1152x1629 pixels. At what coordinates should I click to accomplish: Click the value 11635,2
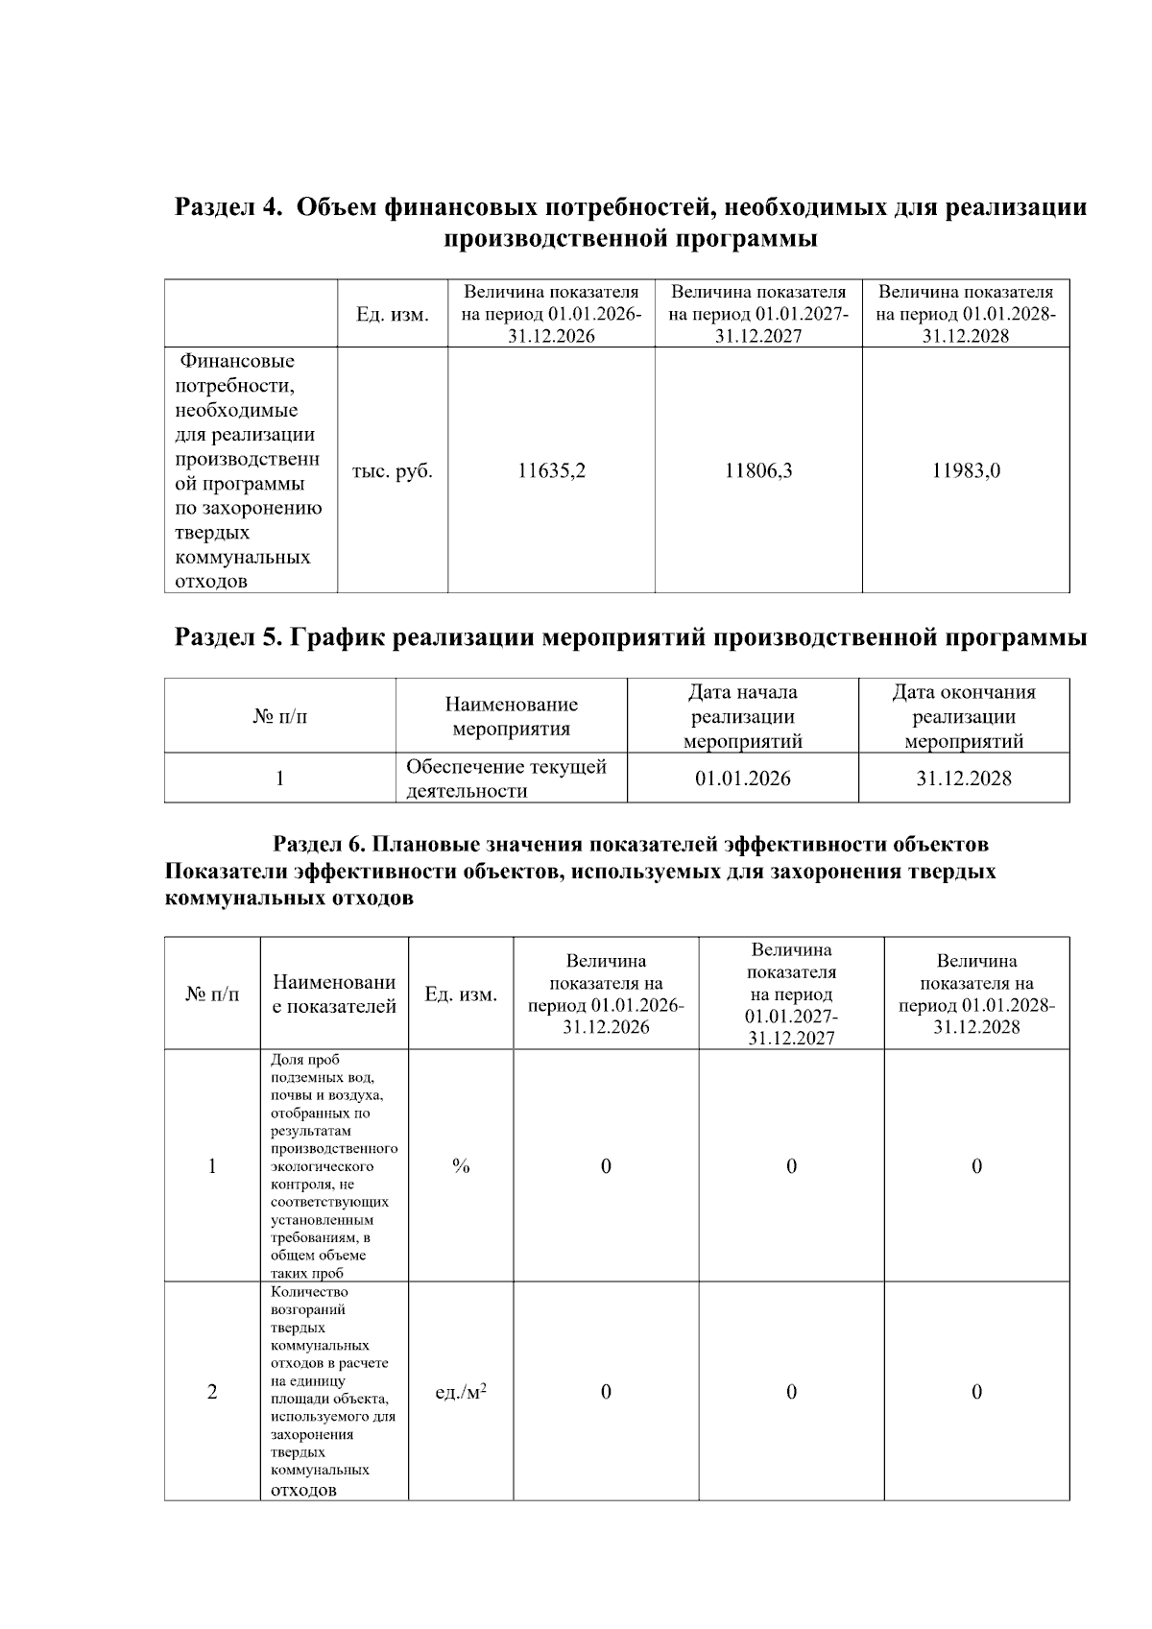click(x=551, y=471)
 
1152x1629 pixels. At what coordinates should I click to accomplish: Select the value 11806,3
click(x=758, y=471)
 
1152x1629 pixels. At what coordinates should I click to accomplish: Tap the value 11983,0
click(x=966, y=471)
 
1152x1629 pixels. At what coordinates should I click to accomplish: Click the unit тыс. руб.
click(x=393, y=471)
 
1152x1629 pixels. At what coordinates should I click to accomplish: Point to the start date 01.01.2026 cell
click(x=742, y=779)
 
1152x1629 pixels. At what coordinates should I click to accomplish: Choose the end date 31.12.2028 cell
click(x=963, y=779)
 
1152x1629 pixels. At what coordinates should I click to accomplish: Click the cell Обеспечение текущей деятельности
click(x=506, y=779)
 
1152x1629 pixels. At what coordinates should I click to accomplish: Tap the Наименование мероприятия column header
click(x=511, y=716)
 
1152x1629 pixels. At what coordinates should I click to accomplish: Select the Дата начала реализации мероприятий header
click(x=742, y=716)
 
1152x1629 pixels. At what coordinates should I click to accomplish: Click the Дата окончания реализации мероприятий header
click(x=963, y=716)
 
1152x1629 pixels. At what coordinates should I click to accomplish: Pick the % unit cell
click(x=461, y=1166)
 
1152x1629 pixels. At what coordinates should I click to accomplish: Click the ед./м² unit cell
click(x=461, y=1392)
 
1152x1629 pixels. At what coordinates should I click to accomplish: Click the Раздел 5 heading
click(x=630, y=637)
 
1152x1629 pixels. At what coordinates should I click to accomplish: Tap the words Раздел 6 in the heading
click(x=319, y=845)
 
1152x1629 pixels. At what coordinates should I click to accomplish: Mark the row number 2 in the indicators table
click(x=212, y=1392)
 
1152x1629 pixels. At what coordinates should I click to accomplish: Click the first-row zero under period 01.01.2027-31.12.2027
click(x=791, y=1166)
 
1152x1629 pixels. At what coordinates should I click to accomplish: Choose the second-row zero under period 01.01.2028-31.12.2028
click(x=976, y=1392)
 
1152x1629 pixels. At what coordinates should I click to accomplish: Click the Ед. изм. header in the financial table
click(x=393, y=315)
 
